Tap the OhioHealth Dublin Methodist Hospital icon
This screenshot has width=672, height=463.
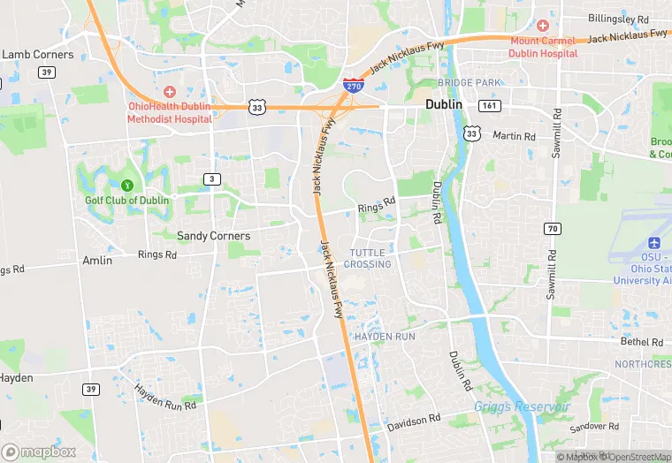coord(169,92)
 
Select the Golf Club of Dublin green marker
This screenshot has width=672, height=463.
coord(127,186)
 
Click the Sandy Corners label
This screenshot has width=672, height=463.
coord(213,236)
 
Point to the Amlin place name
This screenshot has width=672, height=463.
coord(97,261)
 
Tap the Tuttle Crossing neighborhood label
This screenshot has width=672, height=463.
coord(367,258)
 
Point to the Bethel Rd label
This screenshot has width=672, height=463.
coord(641,341)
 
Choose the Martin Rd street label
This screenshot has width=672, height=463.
coord(514,136)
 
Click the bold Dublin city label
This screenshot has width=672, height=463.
coord(444,104)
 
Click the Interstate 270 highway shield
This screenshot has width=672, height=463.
coord(353,84)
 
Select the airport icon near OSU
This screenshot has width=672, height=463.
coord(654,243)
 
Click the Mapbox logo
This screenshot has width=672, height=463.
coord(39,451)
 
